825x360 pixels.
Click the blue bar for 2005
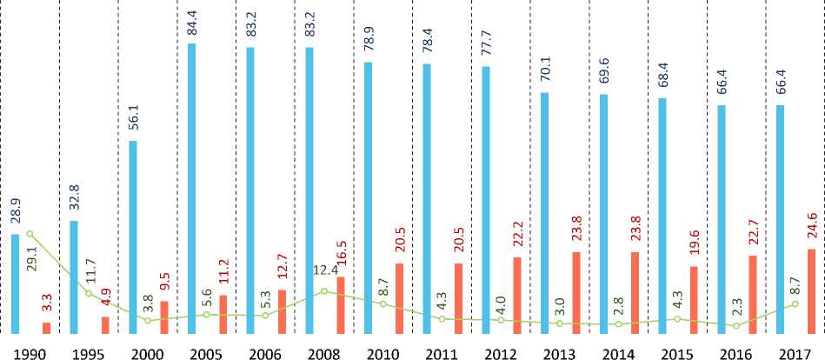coord(191,188)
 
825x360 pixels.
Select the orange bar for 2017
coord(810,291)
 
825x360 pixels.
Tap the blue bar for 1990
coord(15,283)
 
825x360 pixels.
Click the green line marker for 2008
coord(324,290)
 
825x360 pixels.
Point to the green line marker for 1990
coord(30,234)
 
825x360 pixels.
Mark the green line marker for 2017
coord(795,303)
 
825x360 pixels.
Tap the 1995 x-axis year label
coord(89,352)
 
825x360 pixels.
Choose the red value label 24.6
coord(810,229)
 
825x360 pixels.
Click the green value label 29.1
coord(32,259)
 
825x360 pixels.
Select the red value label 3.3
coord(46,304)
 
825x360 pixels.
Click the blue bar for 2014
coord(603,213)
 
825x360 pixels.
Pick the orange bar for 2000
coord(163,317)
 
